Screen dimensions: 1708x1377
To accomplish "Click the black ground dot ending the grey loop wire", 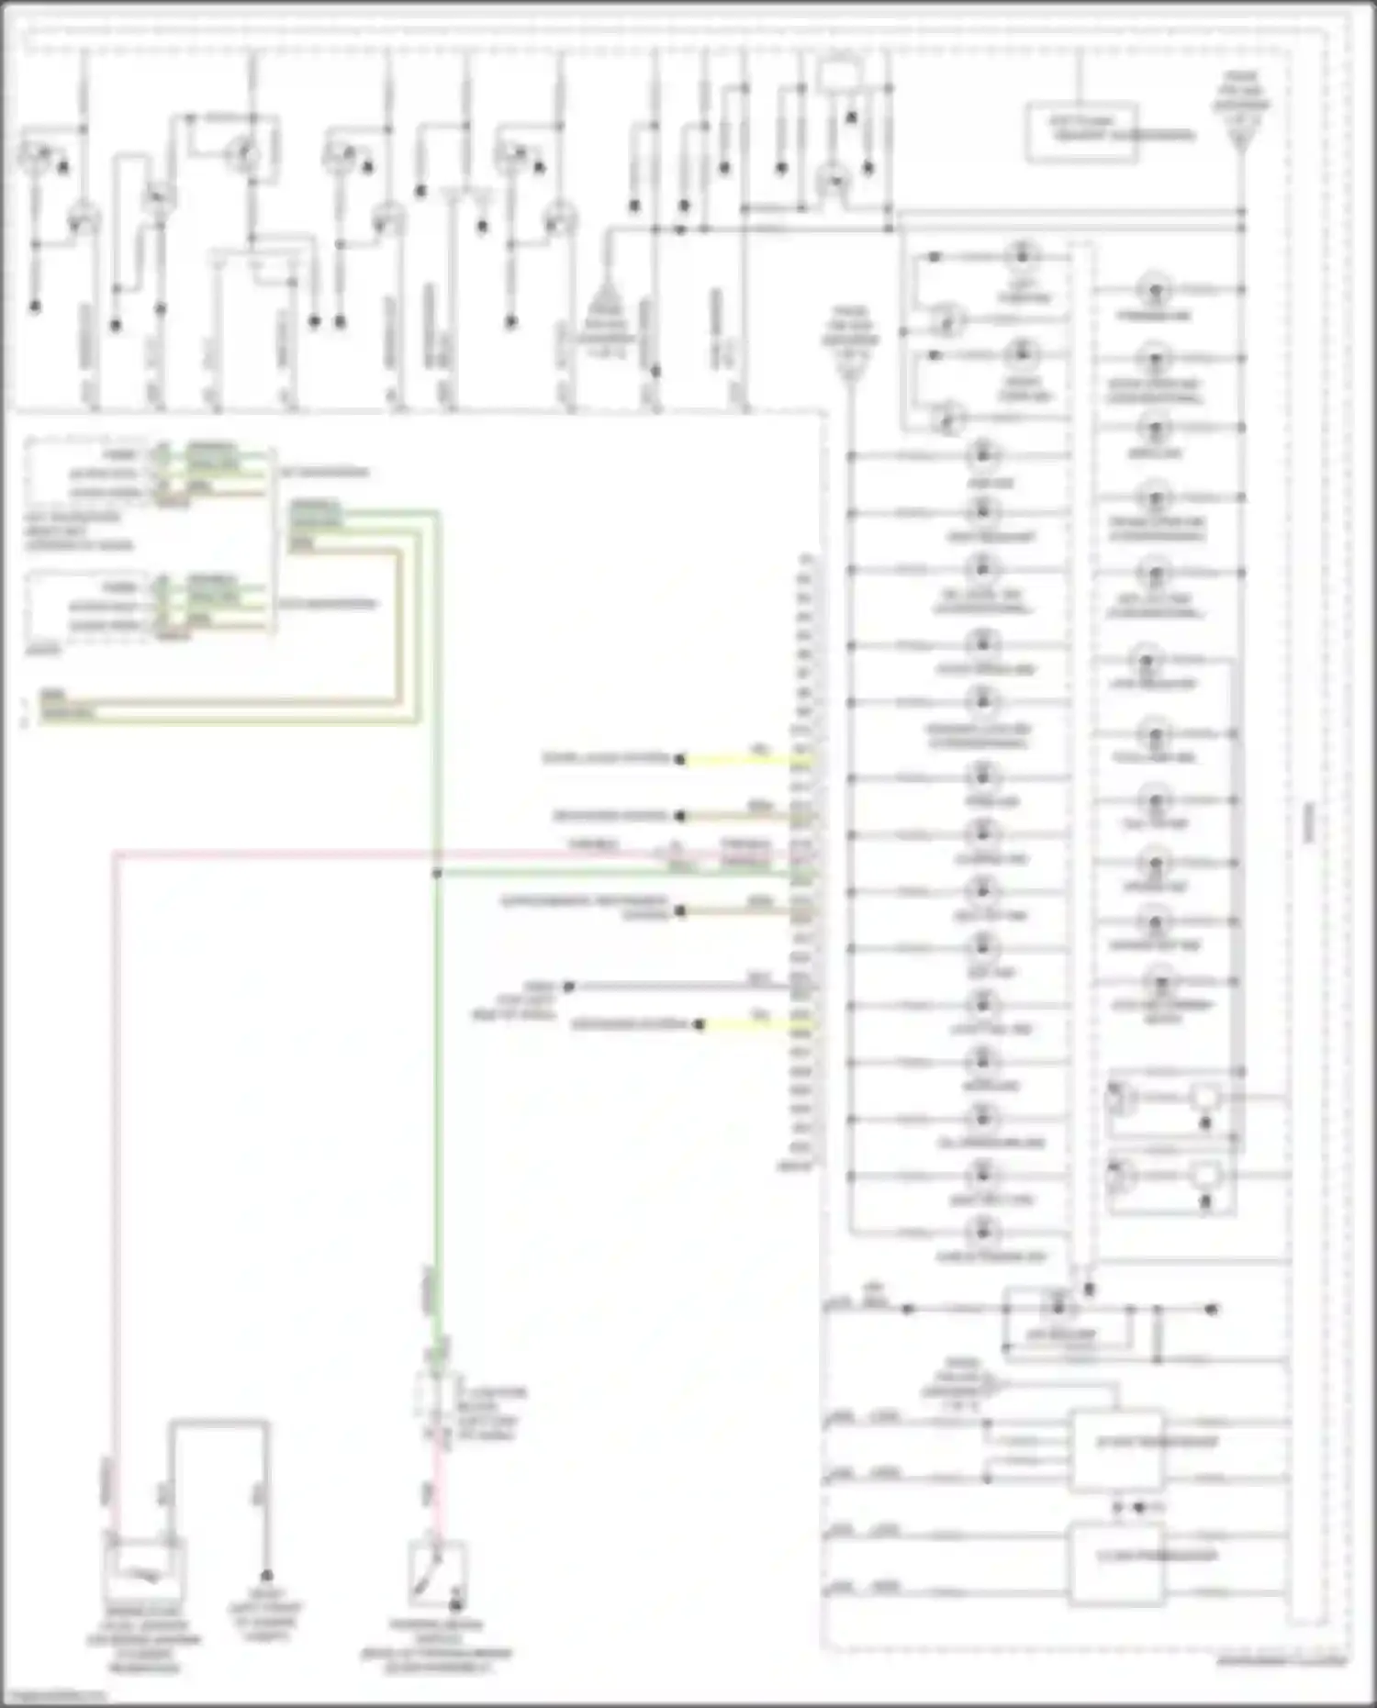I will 267,1575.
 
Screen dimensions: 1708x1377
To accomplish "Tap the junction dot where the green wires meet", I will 437,874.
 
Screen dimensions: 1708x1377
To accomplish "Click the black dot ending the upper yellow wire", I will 680,760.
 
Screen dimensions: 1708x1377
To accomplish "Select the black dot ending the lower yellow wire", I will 700,1024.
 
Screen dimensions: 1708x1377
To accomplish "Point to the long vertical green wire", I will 437,1101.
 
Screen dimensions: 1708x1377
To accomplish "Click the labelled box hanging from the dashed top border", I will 1081,133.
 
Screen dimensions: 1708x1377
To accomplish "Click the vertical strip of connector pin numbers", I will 805,863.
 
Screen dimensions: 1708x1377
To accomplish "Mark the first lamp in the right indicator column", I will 1155,291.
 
